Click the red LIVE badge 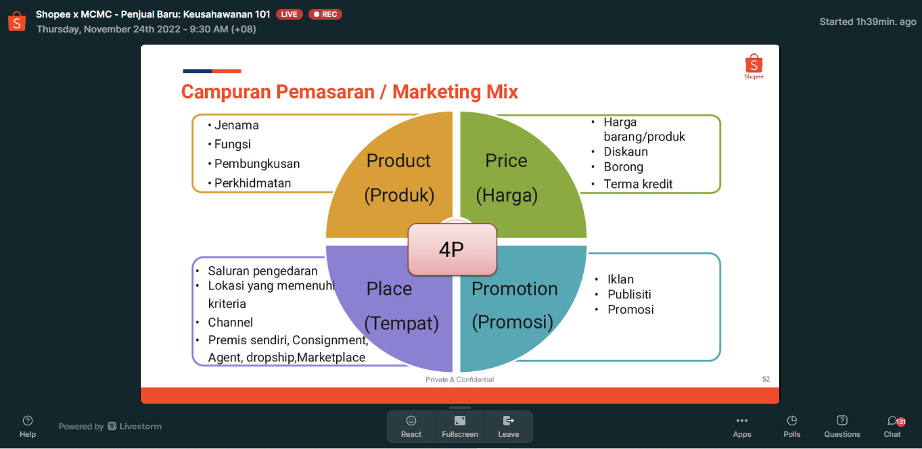click(290, 14)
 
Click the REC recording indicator click(325, 14)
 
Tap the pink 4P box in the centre click(452, 250)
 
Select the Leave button click(508, 427)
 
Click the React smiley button click(411, 427)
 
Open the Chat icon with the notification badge click(892, 427)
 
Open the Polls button click(791, 427)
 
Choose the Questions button click(842, 427)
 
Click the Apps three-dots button click(741, 427)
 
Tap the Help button click(28, 427)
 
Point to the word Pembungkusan click(257, 164)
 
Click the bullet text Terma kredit click(638, 184)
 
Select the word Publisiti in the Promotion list click(629, 294)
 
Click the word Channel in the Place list click(230, 323)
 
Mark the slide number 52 click(766, 379)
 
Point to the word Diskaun click(626, 152)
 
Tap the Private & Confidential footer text click(459, 379)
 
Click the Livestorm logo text click(135, 427)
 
